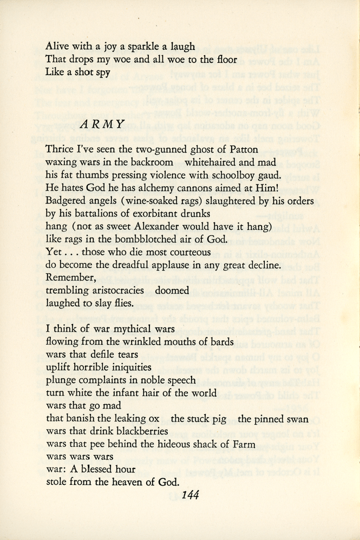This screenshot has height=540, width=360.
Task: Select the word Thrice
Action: (60, 148)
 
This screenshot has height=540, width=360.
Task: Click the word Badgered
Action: (67, 200)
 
